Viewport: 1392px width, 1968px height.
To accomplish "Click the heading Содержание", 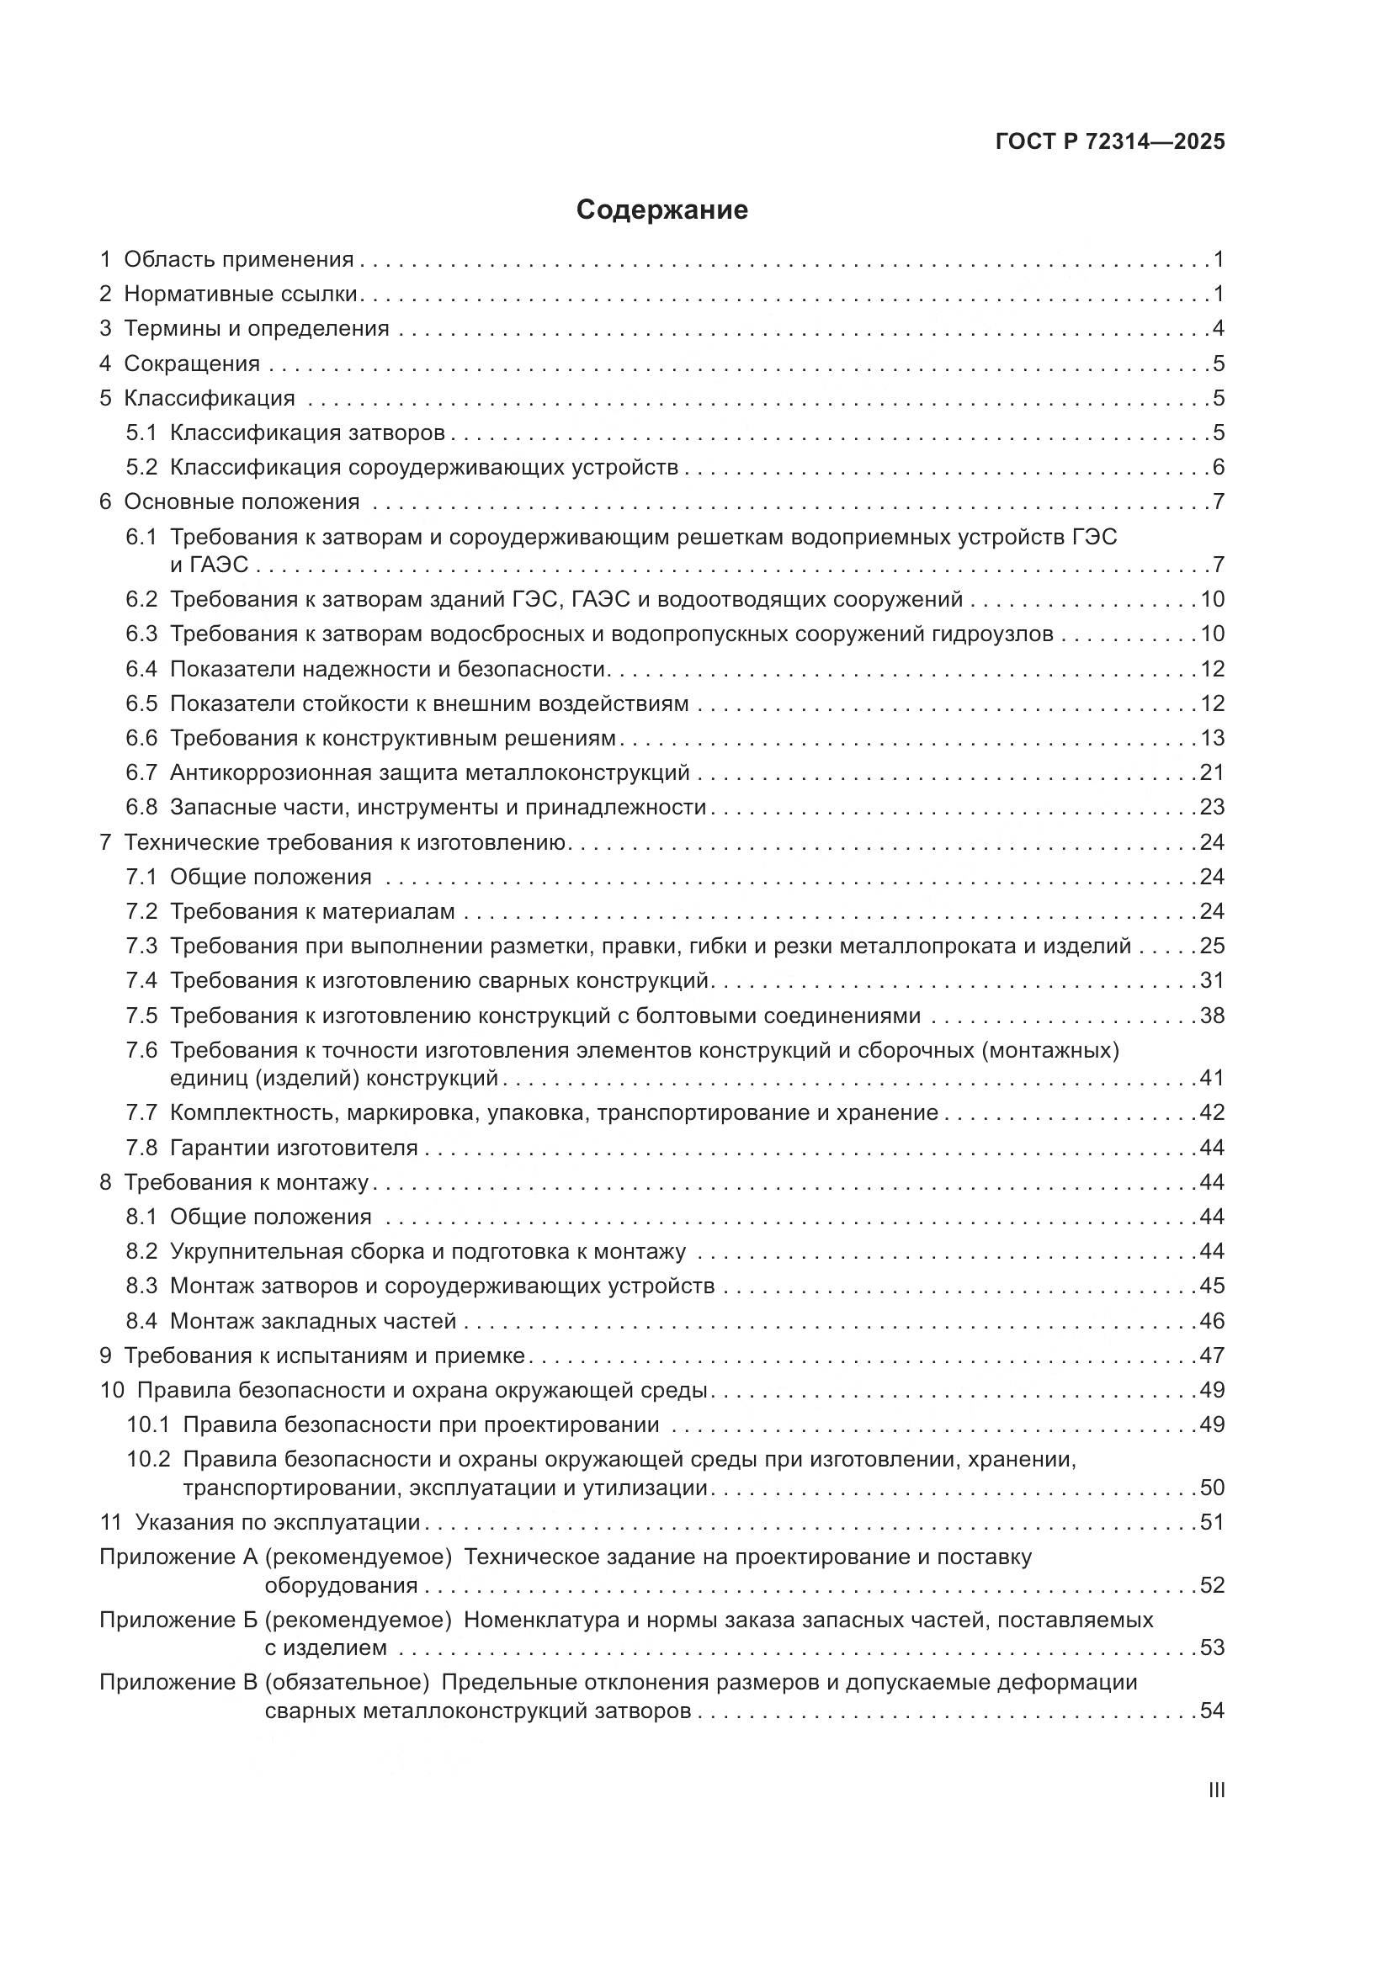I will [x=661, y=210].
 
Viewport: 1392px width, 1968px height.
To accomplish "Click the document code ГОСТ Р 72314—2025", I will [x=1110, y=141].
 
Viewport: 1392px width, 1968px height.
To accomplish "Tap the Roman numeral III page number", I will [x=1215, y=1790].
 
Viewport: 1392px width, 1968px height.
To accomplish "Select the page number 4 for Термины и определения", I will [x=1218, y=328].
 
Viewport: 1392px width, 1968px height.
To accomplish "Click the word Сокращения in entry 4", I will [x=192, y=363].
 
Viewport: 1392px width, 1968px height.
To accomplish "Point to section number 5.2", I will [x=141, y=467].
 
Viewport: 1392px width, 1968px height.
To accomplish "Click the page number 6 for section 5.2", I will [x=1218, y=467].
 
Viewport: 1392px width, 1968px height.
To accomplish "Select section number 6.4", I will [x=141, y=669].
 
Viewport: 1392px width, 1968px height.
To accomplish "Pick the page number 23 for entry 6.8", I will [x=1212, y=808].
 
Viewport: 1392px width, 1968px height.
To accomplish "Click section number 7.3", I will [x=141, y=946].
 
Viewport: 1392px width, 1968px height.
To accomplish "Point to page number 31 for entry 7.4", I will [x=1212, y=980].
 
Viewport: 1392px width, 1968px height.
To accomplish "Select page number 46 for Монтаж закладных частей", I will [x=1212, y=1321].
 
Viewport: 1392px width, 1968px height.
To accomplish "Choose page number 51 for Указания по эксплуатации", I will [x=1212, y=1522].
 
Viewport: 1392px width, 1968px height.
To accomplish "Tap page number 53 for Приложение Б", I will [x=1212, y=1647].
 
